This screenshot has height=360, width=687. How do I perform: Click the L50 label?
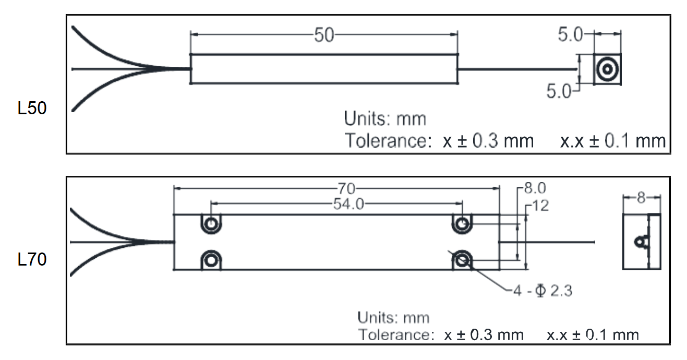point(32,108)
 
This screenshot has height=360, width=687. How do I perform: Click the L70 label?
point(32,259)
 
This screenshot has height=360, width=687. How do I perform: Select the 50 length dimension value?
point(324,35)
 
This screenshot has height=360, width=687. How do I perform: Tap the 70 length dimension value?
point(346,188)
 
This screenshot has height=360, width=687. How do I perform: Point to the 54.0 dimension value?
point(348,204)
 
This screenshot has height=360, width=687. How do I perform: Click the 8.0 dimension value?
point(535,188)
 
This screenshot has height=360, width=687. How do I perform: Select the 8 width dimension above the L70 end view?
point(641,198)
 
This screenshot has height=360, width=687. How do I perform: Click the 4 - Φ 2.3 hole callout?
point(543,291)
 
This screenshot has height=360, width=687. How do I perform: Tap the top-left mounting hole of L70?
point(211,224)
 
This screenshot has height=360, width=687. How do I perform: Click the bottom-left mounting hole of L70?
point(211,261)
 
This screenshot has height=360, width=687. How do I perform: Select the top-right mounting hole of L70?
point(462,224)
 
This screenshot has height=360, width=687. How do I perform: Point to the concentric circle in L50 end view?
point(607,69)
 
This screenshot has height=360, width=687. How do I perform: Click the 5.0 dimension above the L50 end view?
point(570,34)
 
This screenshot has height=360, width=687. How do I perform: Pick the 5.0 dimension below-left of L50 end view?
point(559,91)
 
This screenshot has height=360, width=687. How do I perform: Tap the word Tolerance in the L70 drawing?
point(396,334)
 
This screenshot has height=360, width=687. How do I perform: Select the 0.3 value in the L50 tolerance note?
point(485,141)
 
